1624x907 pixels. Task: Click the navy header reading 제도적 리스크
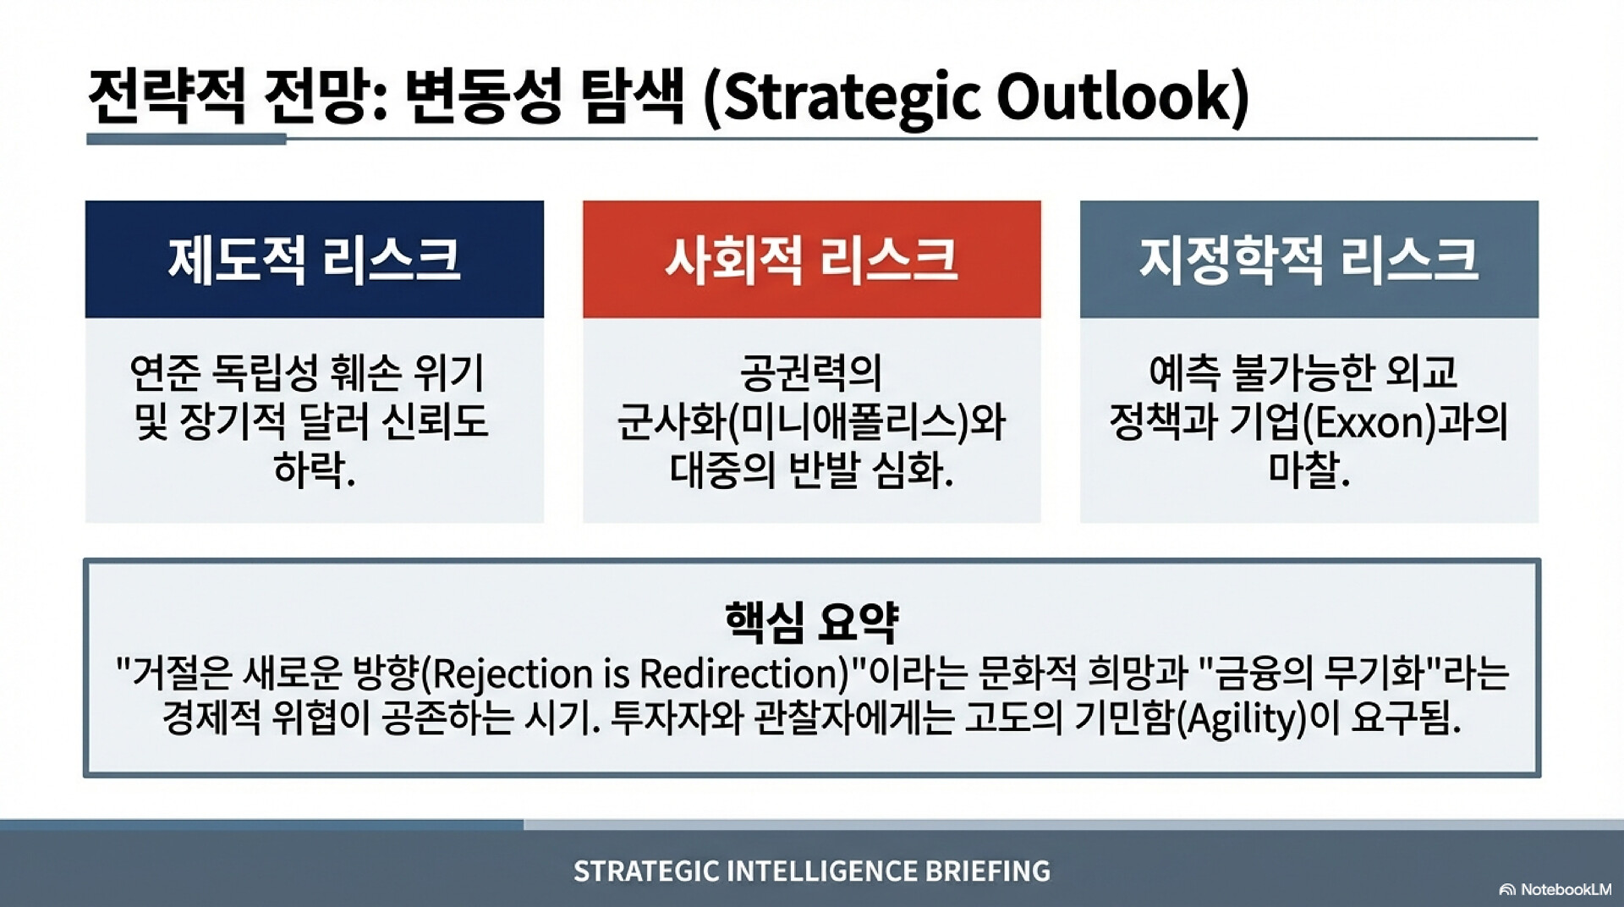coord(314,259)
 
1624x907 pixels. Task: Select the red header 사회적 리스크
coord(811,259)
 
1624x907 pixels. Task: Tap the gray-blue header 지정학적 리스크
coord(1309,259)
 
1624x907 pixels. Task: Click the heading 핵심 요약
coord(811,622)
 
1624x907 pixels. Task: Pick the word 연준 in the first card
coord(164,373)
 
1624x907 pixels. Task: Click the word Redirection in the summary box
coord(738,673)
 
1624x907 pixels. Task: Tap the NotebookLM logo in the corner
coord(1555,889)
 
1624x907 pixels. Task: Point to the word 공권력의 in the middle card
coord(811,373)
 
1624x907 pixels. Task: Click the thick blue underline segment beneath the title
coord(186,139)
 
